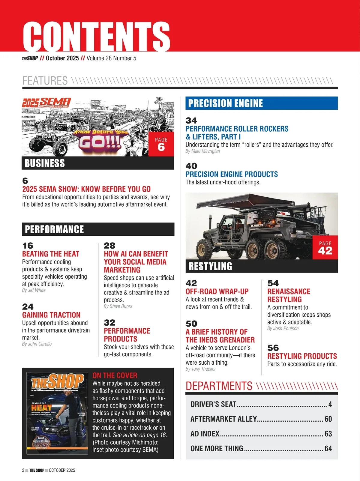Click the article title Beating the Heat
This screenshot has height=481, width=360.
click(51, 254)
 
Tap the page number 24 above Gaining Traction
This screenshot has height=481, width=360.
click(28, 307)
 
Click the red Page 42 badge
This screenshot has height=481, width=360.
click(325, 248)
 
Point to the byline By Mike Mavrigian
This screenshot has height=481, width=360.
click(203, 151)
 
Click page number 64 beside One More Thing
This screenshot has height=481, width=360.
click(328, 449)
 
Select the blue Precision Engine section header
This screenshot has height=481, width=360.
click(262, 103)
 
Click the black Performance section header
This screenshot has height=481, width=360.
click(98, 229)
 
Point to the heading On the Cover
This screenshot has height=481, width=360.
click(115, 375)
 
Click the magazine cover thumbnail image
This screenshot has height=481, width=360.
click(57, 413)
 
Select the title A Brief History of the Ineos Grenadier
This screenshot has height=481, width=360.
click(220, 336)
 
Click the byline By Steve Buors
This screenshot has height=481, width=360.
click(118, 306)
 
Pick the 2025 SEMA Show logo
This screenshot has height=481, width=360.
click(46, 103)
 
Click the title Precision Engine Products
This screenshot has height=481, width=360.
click(232, 174)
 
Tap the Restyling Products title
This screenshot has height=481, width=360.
click(302, 356)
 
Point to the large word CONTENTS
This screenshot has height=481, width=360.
click(97, 37)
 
